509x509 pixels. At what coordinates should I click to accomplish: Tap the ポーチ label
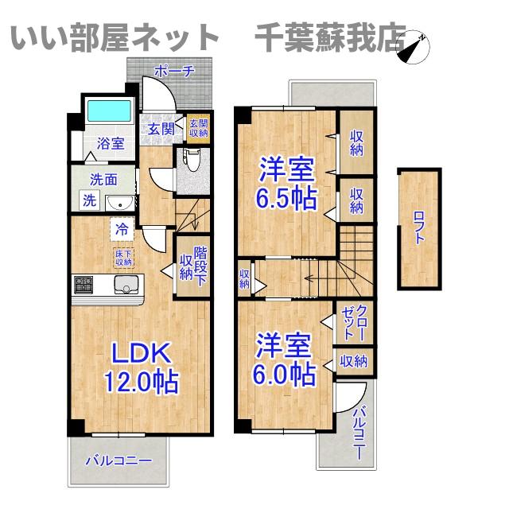pyautogui.click(x=173, y=71)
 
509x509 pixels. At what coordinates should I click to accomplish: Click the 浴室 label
pyautogui.click(x=111, y=144)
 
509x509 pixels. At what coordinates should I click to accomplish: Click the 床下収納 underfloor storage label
pyautogui.click(x=123, y=257)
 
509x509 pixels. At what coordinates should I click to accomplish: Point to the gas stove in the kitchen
pyautogui.click(x=85, y=284)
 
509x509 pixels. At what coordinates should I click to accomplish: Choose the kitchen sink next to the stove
pyautogui.click(x=126, y=285)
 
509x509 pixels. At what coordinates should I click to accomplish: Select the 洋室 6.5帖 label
pyautogui.click(x=284, y=182)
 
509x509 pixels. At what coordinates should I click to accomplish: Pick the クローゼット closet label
pyautogui.click(x=352, y=323)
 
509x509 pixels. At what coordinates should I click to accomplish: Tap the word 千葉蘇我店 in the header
pyautogui.click(x=331, y=37)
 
